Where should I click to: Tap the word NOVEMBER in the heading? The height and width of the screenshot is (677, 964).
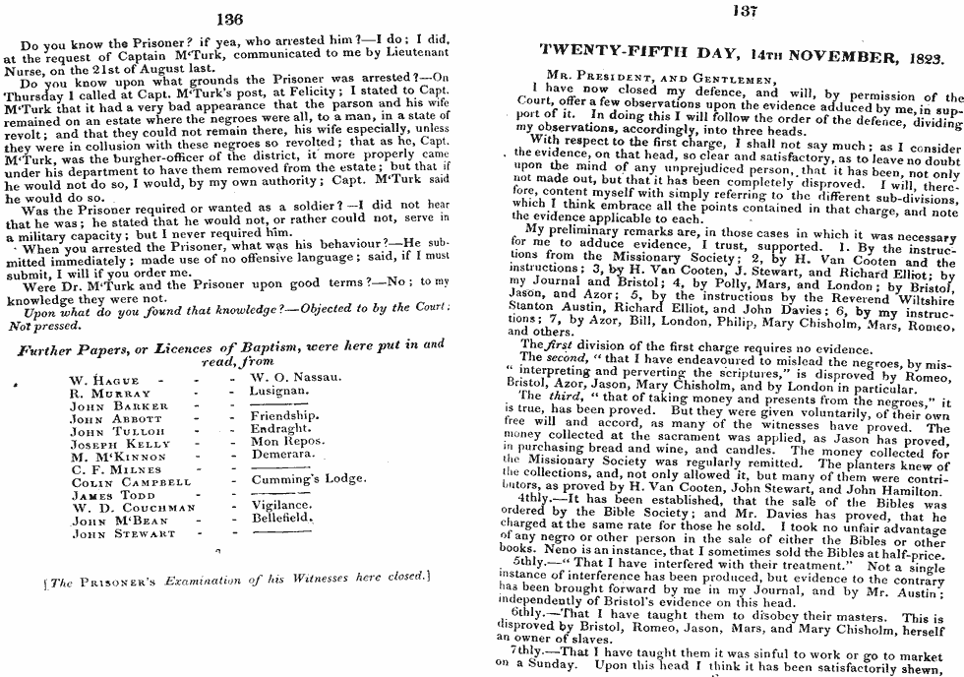835,58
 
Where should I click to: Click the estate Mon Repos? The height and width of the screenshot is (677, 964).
287,443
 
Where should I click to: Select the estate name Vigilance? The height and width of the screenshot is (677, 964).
282,504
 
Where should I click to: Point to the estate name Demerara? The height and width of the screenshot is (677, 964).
284,456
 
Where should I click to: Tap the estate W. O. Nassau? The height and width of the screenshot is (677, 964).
296,378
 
